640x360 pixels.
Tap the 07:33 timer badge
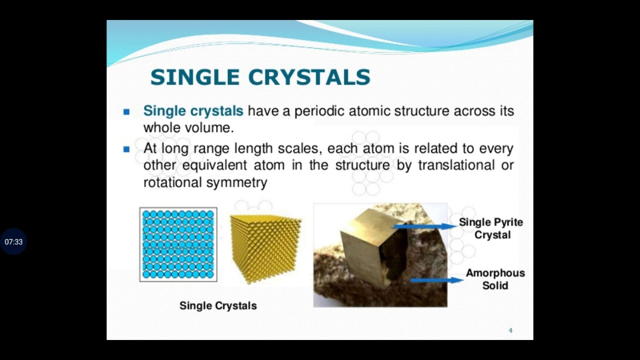pos(13,242)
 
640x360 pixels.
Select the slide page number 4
pos(510,330)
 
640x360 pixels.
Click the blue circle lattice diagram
pos(178,244)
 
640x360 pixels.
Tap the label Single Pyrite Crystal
pos(491,228)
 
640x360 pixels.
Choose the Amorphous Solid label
pos(495,279)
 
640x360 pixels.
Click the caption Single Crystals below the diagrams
pos(218,305)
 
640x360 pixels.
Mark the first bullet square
pos(126,112)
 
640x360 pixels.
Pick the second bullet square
pos(126,149)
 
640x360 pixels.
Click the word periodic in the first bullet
pos(319,111)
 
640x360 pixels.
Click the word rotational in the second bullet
pos(172,182)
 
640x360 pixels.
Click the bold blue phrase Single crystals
pos(193,111)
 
